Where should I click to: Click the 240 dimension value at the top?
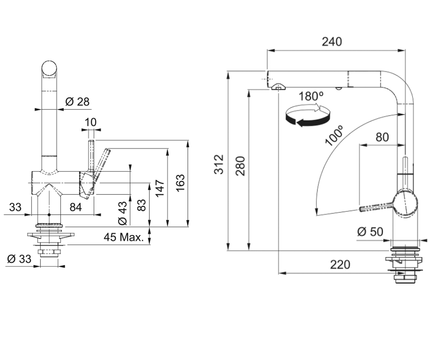coord(332,42)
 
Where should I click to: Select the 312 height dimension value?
coord(219,164)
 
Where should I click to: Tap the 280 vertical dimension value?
coord(240,166)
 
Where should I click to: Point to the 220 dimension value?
coord(340,265)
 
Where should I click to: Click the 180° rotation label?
coord(311,96)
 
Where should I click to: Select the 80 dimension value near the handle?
coord(382,137)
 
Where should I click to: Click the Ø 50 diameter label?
coord(370,231)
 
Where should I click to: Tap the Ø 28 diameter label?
coord(77,102)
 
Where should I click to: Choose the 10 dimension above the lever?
coord(91,122)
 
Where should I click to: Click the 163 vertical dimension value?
coord(181,183)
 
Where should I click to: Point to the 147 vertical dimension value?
coord(160,188)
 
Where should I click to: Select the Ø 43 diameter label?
coord(122,213)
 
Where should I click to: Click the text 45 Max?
coord(124,237)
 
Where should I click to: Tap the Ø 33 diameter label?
coord(19,259)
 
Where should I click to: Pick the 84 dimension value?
coord(76,207)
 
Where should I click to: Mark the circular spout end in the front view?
coord(49,68)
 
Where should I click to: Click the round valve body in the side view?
coord(405,204)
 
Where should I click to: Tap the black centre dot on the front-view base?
coord(49,215)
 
